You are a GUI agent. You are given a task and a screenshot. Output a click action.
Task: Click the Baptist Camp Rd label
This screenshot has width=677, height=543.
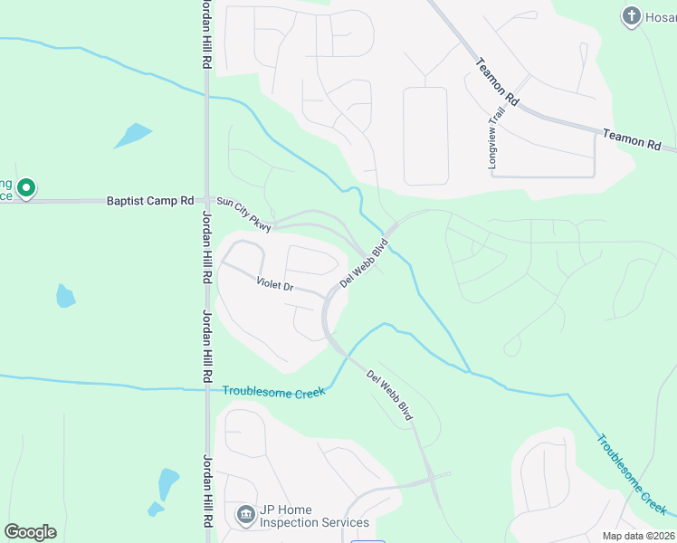tap(150, 201)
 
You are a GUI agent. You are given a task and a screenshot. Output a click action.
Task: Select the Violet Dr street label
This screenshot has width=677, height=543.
tap(275, 285)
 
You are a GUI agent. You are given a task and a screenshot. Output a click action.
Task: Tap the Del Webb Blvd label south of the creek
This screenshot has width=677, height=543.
tap(389, 395)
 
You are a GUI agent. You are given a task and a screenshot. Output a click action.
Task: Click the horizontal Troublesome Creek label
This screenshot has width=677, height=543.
tap(273, 390)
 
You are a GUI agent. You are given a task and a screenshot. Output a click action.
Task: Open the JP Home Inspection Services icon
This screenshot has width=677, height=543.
tap(244, 515)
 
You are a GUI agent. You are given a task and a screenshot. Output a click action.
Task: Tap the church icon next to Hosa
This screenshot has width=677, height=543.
tap(631, 15)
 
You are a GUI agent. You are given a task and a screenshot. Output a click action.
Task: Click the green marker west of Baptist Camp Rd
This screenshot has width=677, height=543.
tap(26, 188)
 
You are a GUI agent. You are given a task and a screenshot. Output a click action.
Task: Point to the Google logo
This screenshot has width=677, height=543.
tap(30, 531)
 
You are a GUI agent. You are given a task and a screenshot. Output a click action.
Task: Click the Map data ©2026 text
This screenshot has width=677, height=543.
tap(638, 535)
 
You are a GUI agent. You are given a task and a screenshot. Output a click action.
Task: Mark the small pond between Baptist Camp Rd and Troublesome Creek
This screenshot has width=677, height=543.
tap(65, 296)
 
